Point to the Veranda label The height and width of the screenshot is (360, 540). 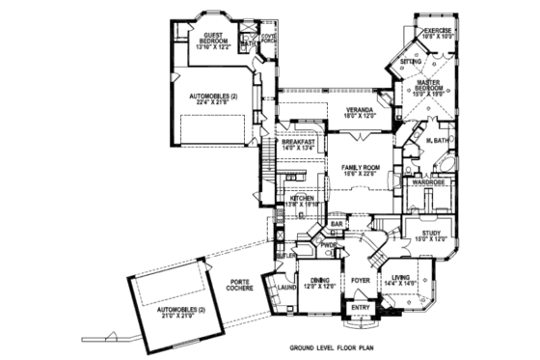coord(352,113)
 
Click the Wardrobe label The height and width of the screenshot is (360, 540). coord(428,181)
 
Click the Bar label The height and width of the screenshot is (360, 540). coord(337,224)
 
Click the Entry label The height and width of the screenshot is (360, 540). coord(361,309)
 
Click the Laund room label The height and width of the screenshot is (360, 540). coord(287,287)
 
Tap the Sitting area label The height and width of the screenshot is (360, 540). coord(411,61)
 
